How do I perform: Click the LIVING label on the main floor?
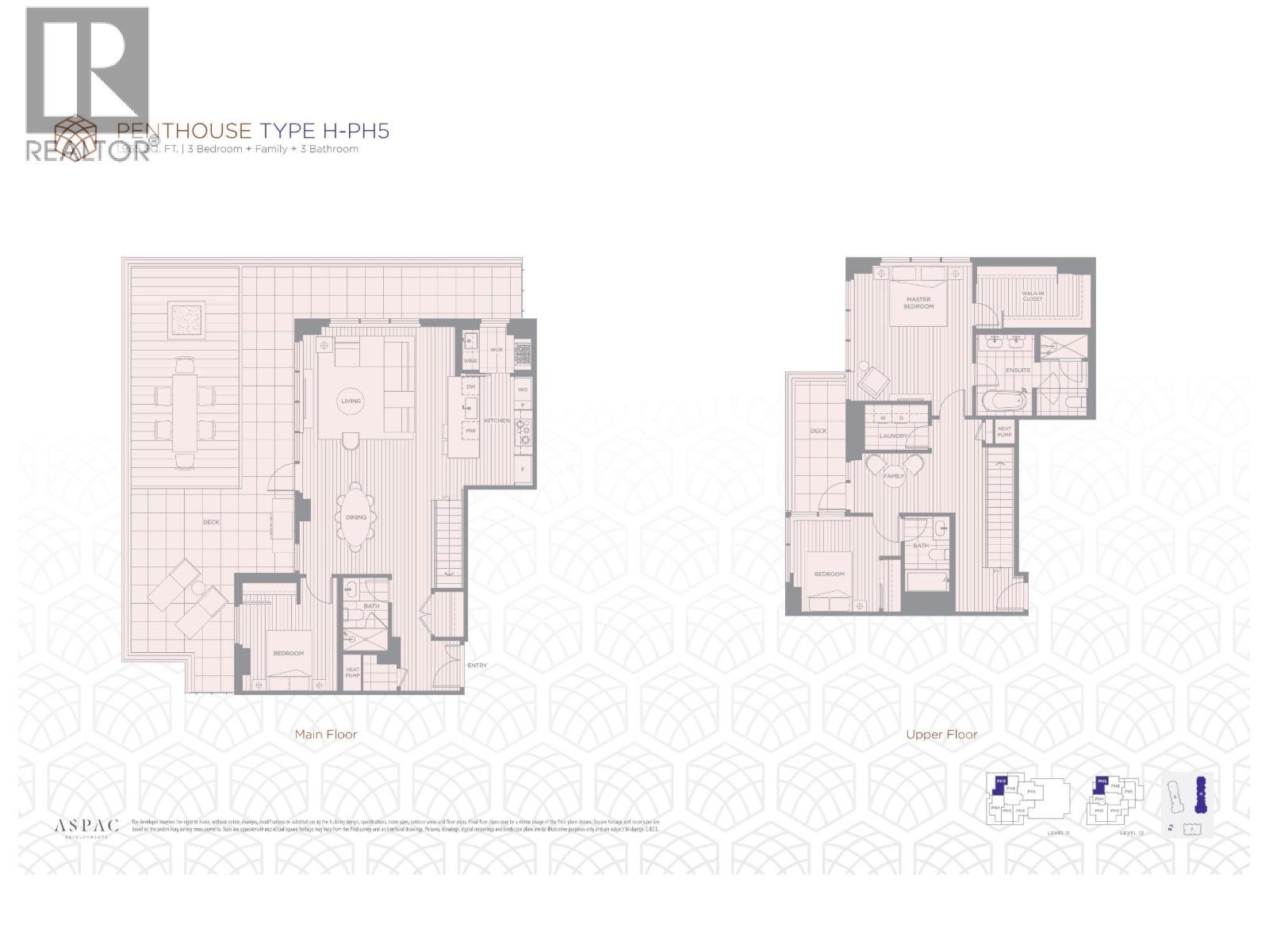pos(351,401)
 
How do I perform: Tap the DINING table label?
pos(356,517)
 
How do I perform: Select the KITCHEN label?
pos(496,420)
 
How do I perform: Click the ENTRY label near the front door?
pos(477,666)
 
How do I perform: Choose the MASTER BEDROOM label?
pos(918,303)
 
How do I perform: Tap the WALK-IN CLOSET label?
pos(1032,297)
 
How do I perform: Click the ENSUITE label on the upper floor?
pos(1018,370)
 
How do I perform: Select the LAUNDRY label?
pos(894,436)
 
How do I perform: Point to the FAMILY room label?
pos(894,476)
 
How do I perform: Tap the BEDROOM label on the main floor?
pos(289,654)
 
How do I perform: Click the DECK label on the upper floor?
pos(819,432)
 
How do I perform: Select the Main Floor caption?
pos(326,735)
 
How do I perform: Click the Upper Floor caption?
pos(941,735)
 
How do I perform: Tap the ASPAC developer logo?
pos(86,827)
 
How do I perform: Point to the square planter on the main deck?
pos(187,319)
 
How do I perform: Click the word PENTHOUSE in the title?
pos(184,131)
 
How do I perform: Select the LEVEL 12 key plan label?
pos(1132,833)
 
